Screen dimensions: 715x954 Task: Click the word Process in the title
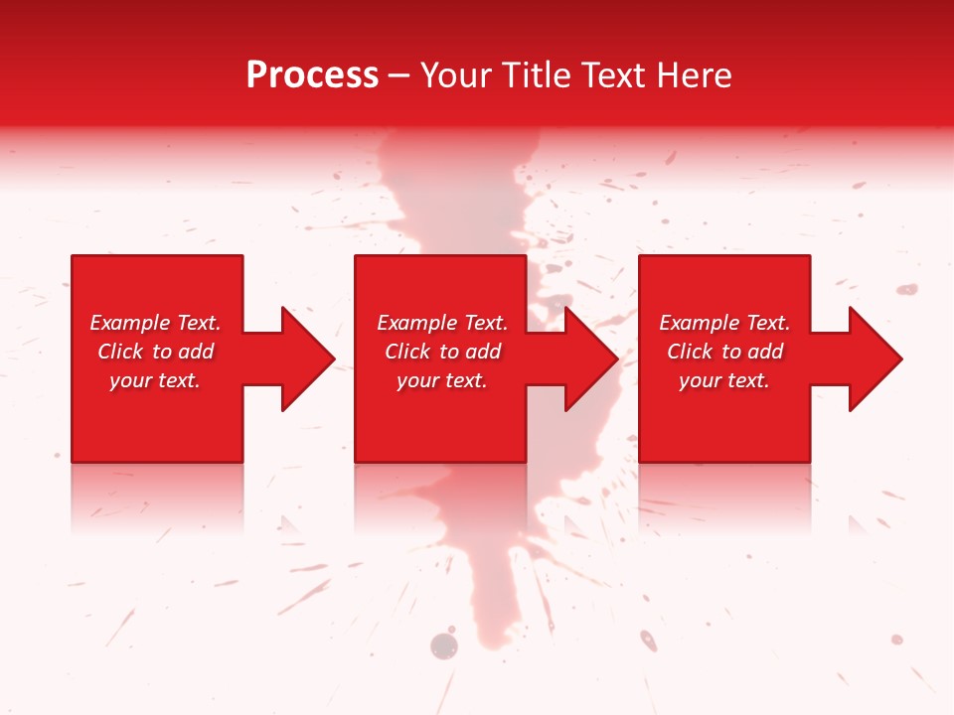(x=312, y=75)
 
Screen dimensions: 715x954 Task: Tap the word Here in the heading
(x=693, y=75)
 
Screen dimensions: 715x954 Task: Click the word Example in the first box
(x=130, y=323)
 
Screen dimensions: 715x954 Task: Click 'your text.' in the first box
(x=155, y=380)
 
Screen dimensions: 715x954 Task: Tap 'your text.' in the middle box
(x=442, y=380)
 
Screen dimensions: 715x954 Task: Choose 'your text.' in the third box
(x=724, y=380)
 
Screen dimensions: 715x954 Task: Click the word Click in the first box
(x=120, y=352)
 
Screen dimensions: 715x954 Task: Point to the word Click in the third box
(x=690, y=352)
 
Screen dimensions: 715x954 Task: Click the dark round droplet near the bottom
(x=443, y=646)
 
